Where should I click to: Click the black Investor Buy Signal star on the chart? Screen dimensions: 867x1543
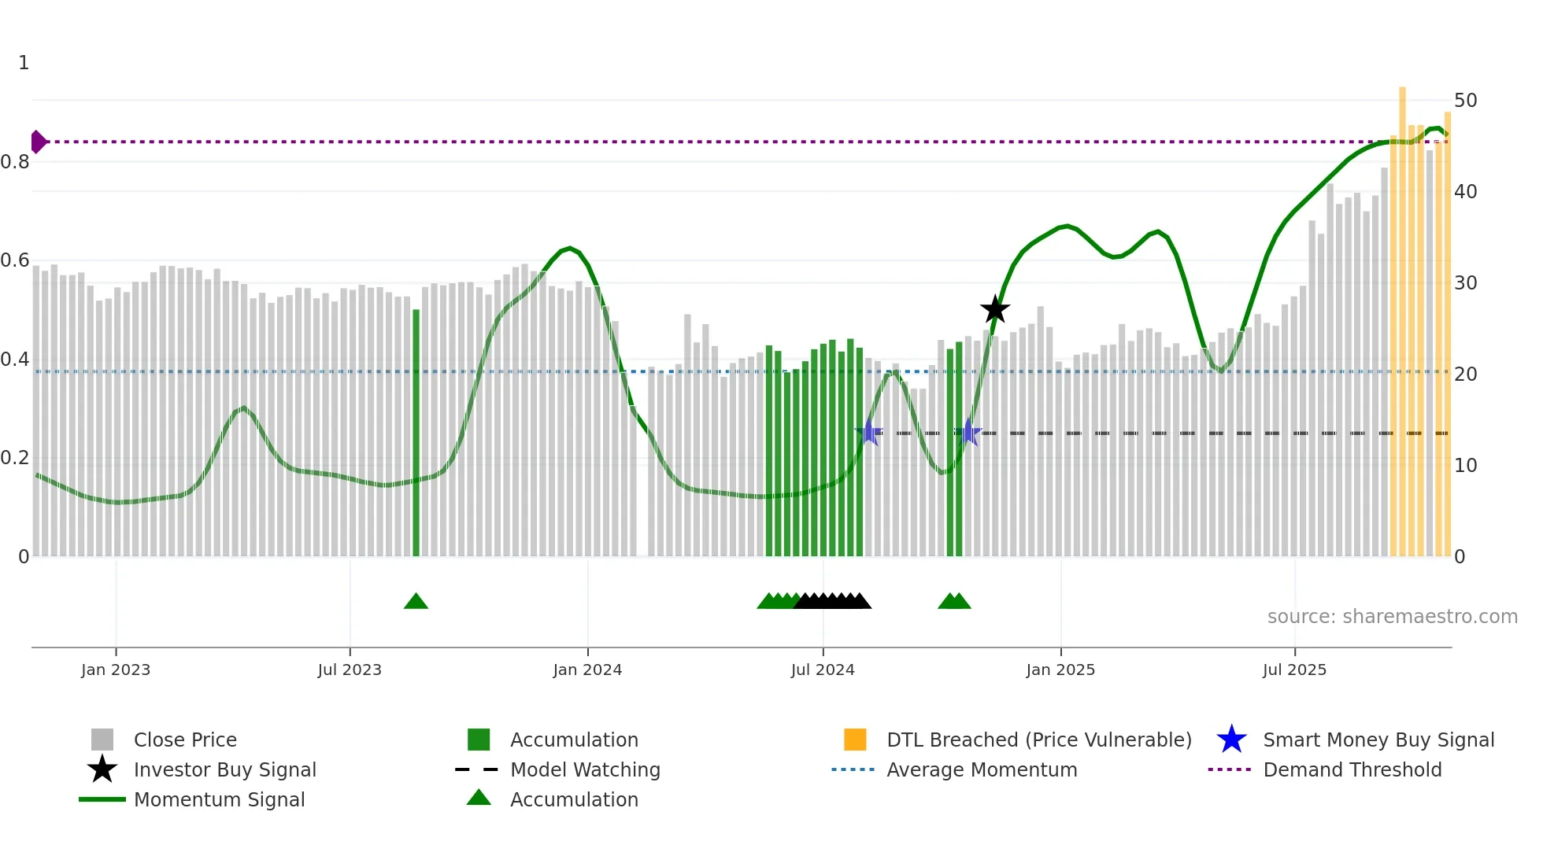[995, 310]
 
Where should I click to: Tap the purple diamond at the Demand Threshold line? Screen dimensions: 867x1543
[38, 142]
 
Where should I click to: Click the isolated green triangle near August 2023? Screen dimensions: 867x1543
[416, 602]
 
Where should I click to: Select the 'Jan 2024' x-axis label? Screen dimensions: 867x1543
[587, 670]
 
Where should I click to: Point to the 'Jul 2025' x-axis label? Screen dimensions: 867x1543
[1294, 670]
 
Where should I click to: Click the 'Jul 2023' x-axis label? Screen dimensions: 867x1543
[350, 670]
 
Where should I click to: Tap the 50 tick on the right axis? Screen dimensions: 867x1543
[1465, 101]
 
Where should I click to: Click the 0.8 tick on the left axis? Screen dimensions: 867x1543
[16, 162]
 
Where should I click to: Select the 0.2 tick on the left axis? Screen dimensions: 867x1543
[16, 458]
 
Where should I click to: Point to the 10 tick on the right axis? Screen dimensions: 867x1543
[1465, 466]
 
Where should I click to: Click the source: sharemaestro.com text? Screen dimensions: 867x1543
[1392, 617]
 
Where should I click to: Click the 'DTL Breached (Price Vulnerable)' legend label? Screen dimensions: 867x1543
[1038, 740]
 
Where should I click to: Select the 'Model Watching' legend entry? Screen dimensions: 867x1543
[584, 770]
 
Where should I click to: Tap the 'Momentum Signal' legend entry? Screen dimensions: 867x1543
[219, 800]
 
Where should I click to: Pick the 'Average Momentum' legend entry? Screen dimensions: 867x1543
[981, 770]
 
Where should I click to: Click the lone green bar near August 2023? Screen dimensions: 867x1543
[416, 433]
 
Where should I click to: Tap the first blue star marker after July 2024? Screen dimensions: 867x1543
[869, 433]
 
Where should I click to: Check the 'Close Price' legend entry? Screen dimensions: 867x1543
[184, 740]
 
